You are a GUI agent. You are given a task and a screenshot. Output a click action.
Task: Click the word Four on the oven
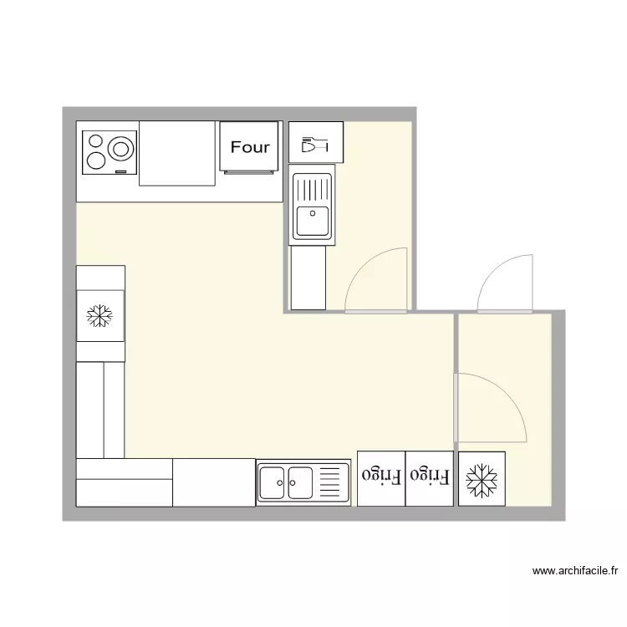(250, 147)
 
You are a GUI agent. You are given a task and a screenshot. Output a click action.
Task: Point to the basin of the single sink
(312, 221)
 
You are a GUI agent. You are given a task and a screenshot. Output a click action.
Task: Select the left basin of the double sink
(273, 482)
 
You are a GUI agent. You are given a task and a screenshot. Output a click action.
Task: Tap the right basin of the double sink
(300, 482)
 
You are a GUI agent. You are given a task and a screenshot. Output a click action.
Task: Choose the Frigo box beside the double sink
(380, 477)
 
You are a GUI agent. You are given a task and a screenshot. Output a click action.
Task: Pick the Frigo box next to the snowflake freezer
(430, 477)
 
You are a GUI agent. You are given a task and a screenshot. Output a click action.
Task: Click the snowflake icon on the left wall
(100, 315)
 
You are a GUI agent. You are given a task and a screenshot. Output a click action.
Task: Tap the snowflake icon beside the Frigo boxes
(481, 479)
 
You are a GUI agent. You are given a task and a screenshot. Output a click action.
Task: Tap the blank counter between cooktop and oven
(177, 153)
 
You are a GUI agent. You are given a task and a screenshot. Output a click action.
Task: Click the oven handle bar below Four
(250, 173)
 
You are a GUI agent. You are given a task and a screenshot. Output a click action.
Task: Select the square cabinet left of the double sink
(213, 482)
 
